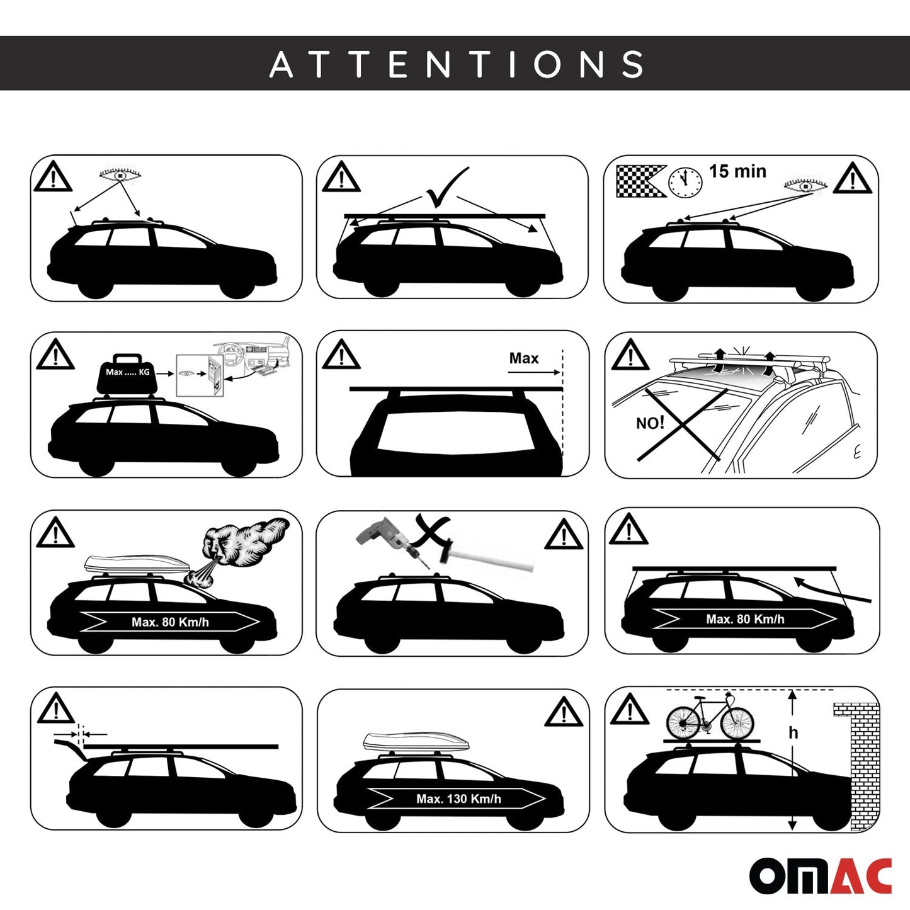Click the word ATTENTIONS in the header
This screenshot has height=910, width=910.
click(x=457, y=64)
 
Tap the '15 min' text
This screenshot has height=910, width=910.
click(x=737, y=171)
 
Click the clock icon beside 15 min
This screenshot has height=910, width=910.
click(x=685, y=182)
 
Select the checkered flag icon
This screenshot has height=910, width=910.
click(x=639, y=181)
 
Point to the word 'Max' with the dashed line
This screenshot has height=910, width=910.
click(x=524, y=358)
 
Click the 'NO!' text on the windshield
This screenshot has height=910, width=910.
click(x=650, y=423)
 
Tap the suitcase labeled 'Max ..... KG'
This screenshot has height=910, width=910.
click(x=128, y=373)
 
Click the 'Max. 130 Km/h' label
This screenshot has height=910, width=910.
click(x=458, y=799)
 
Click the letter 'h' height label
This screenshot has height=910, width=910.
click(x=793, y=732)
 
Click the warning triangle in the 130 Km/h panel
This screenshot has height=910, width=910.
click(x=564, y=712)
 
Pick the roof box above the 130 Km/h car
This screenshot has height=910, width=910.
click(x=407, y=743)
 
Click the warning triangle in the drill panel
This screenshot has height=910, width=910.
click(x=564, y=535)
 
